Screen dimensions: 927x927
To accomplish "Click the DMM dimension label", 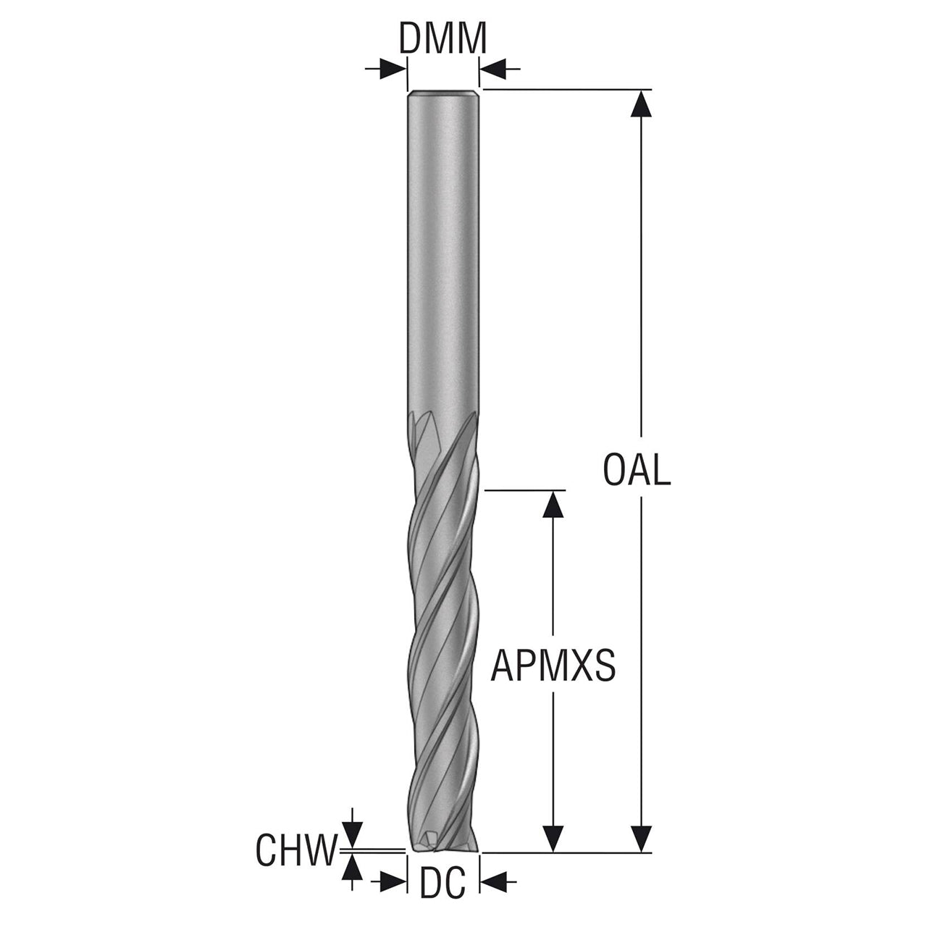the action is click(x=442, y=38).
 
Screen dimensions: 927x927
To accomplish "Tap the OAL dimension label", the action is click(x=637, y=470).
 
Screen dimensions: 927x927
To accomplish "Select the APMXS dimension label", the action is click(x=553, y=666).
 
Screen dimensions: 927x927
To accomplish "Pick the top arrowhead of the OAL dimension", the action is click(x=641, y=104).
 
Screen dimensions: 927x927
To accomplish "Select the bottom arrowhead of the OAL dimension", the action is click(x=641, y=839).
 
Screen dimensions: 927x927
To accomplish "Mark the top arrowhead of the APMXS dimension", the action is click(x=553, y=503).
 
